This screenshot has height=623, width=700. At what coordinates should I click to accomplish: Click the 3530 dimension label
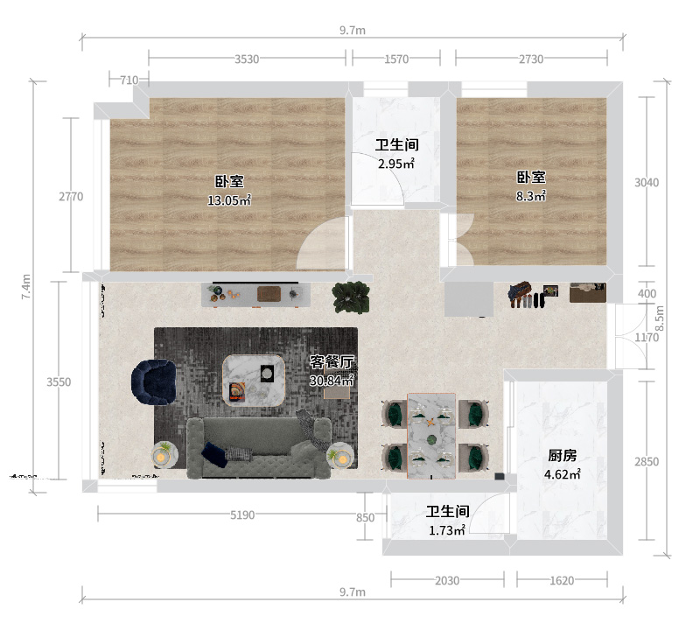(x=247, y=59)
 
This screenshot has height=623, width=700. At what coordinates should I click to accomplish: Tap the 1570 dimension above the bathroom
(x=396, y=59)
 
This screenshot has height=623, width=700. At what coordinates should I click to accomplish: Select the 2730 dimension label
(x=531, y=59)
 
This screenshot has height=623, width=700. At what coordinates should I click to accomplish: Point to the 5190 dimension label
(x=242, y=515)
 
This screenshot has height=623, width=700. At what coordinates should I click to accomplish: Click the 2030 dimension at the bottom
(x=447, y=581)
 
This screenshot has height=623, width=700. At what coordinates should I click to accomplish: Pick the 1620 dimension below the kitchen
(x=562, y=581)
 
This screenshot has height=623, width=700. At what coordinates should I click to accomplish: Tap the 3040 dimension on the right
(x=647, y=182)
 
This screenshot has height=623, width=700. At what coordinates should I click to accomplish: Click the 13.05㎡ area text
(x=229, y=200)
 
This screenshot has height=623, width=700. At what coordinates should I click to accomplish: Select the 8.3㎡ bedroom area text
(x=531, y=196)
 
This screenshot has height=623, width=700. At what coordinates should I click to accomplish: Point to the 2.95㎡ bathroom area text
(x=396, y=164)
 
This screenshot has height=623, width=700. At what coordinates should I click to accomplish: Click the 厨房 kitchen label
(x=562, y=455)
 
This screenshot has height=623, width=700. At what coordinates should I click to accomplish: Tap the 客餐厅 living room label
(x=332, y=361)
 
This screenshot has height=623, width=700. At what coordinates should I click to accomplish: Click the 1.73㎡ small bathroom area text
(x=447, y=530)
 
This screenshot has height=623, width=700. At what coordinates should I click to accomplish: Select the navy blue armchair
(x=154, y=382)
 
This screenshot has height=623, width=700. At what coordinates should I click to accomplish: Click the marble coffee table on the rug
(x=254, y=380)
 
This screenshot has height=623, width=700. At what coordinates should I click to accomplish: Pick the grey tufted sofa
(x=259, y=448)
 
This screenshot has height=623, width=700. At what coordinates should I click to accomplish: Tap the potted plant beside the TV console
(x=352, y=297)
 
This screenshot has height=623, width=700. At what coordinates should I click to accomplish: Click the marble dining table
(x=431, y=436)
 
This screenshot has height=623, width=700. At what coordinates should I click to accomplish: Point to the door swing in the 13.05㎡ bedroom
(x=322, y=243)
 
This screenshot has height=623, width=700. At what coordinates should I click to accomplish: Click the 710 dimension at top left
(x=129, y=80)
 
